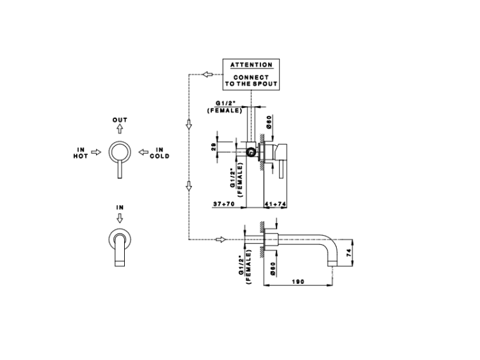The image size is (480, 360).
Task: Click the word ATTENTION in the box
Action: tap(251, 65)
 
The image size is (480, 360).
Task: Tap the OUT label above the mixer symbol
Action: tap(120, 120)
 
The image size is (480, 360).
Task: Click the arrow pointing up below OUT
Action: tap(120, 129)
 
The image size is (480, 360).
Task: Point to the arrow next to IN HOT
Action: tap(96, 153)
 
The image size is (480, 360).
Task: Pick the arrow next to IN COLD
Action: tap(143, 153)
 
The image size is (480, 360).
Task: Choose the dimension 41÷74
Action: tap(274, 205)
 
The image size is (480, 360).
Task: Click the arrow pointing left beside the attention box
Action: tap(207, 74)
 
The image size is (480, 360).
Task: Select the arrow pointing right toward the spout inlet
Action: tap(221, 240)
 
